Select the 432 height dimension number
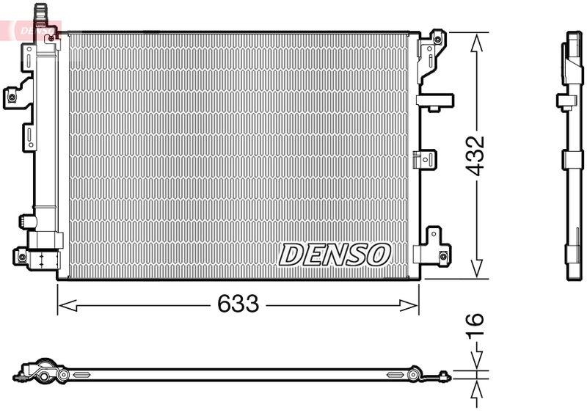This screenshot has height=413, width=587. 477,155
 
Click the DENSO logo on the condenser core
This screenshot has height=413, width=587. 335,255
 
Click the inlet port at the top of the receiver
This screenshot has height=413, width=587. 42,10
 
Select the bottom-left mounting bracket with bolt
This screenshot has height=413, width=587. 24,256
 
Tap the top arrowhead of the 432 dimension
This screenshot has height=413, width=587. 477,41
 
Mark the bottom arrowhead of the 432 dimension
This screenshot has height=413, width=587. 477,271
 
